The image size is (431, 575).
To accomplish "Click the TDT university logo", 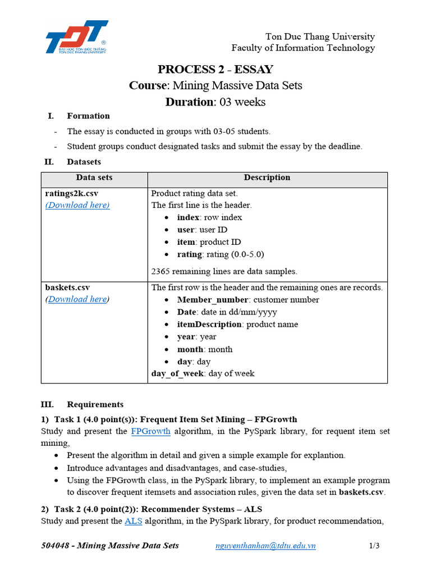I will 77,38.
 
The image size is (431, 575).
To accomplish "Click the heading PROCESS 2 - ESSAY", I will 215,70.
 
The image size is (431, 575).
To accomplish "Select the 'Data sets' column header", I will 94,177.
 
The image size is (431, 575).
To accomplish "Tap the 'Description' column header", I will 267,177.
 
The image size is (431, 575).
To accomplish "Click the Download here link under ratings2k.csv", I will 77,205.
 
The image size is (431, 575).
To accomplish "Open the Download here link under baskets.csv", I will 77,299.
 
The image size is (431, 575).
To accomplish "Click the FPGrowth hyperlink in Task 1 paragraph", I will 150,431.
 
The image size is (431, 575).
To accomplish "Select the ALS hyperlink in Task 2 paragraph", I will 133,521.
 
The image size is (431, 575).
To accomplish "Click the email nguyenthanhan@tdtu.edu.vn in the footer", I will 265,546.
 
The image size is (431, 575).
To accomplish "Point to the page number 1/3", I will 374,546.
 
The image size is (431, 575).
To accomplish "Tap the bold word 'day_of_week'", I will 177,373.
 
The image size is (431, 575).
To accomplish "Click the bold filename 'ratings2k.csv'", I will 71,193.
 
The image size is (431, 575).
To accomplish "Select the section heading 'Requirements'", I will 95,404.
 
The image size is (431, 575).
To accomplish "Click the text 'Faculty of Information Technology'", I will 303,48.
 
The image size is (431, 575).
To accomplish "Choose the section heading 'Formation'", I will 88,116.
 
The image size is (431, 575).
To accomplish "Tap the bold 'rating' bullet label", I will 190,254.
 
